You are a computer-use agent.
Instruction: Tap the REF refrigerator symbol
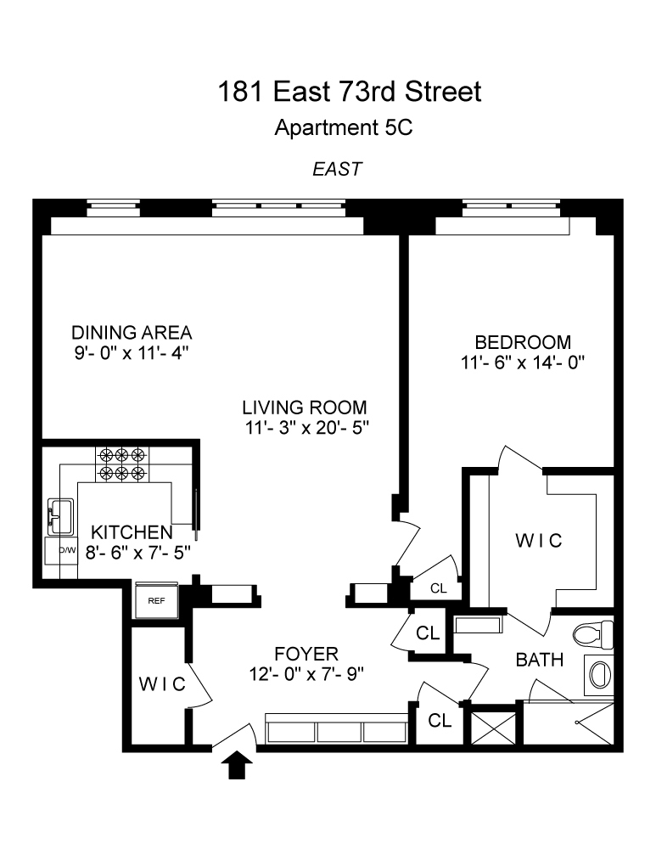pos(156,600)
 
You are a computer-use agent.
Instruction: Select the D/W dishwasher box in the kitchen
pos(61,551)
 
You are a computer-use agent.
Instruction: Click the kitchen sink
pos(60,516)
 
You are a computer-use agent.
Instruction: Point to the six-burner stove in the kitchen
pos(122,464)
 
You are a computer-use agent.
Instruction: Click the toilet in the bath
pos(592,635)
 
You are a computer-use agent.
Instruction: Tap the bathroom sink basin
pos(598,675)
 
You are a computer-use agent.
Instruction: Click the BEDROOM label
pos(523,342)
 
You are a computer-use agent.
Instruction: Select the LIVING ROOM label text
pos(304,408)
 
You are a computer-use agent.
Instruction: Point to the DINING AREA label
pos(132,332)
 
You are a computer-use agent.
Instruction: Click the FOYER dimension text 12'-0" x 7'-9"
pos(306,674)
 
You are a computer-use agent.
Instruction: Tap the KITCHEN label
pos(132,532)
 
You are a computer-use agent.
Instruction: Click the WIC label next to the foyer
pos(162,683)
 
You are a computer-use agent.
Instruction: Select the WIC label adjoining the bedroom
pos(539,540)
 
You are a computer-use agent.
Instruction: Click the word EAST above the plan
pos(337,169)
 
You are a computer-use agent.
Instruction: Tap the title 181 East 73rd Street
pos(349,91)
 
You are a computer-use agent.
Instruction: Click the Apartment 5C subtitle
pos(343,128)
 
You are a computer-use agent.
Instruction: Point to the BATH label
pos(540,660)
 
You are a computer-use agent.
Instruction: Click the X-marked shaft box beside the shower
pos(494,728)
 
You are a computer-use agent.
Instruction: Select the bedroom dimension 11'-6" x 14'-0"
pos(523,363)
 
